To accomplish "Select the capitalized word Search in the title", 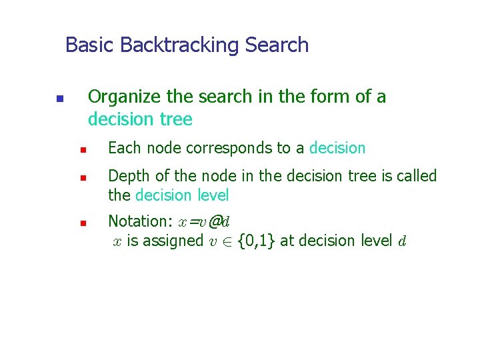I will [x=277, y=45].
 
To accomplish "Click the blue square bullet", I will [x=59, y=99].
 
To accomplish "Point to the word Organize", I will [x=125, y=97].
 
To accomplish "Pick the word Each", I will [x=121, y=148].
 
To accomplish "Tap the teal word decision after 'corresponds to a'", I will [x=337, y=148].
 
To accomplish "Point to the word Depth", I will [x=125, y=177].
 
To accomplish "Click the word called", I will [x=416, y=176].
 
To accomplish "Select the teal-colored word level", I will [x=213, y=195].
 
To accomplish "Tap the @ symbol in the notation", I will [x=214, y=221].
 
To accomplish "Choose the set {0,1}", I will [x=257, y=241].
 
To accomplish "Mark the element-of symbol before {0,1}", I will [x=228, y=241].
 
